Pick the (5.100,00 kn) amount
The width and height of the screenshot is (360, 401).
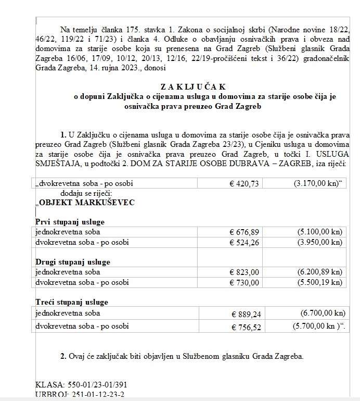click(x=320, y=232)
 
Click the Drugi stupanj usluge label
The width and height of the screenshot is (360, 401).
click(x=72, y=262)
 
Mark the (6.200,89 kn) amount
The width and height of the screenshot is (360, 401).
click(x=320, y=272)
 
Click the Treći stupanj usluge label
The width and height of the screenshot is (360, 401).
click(x=71, y=302)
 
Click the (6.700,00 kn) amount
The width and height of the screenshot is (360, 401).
click(x=323, y=313)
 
